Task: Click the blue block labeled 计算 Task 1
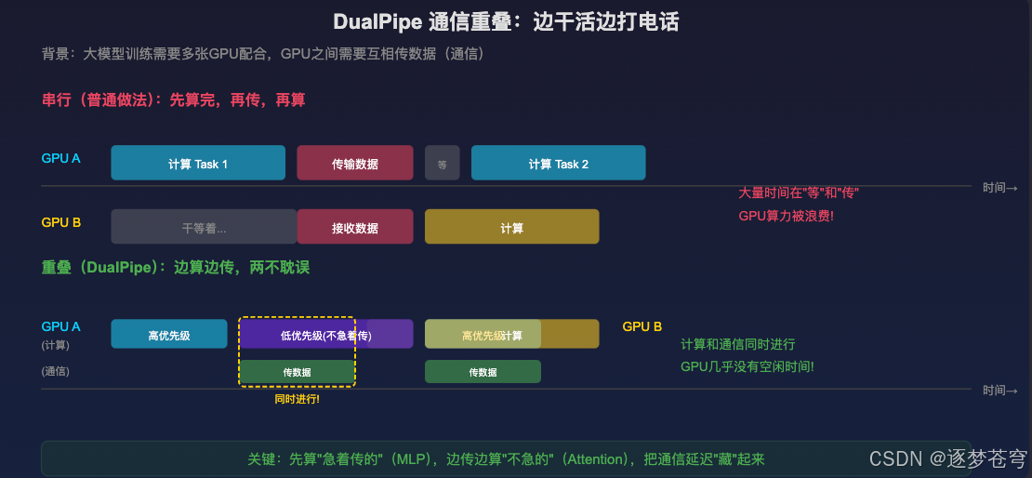(x=198, y=164)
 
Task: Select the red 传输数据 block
(x=354, y=164)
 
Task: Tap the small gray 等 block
(x=442, y=164)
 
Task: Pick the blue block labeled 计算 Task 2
(x=558, y=164)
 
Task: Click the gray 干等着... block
(x=204, y=228)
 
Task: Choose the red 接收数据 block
(x=354, y=228)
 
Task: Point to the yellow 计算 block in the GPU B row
(x=511, y=228)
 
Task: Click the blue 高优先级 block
(x=168, y=335)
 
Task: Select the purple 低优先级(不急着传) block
(x=325, y=335)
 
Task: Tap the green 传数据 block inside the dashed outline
(x=297, y=372)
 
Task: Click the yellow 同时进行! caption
(x=297, y=399)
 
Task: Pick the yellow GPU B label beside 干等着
(x=61, y=223)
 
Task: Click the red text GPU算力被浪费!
(x=786, y=216)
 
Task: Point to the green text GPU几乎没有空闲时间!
(x=747, y=366)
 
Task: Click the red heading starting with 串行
(x=173, y=100)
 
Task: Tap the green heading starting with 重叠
(x=175, y=267)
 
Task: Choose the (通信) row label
(x=56, y=371)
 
